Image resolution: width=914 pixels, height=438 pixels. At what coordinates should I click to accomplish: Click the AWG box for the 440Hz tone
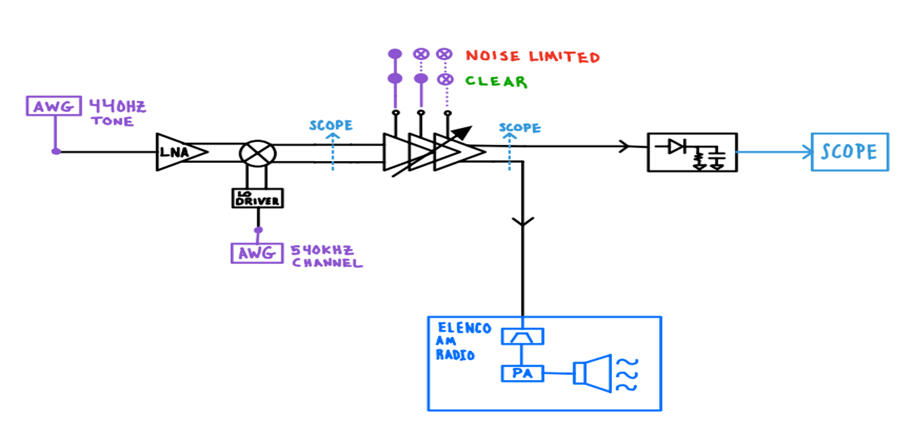pos(54,106)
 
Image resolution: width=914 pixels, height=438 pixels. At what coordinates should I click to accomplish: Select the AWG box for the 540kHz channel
pos(257,253)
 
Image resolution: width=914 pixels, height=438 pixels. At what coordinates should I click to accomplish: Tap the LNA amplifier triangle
pos(182,152)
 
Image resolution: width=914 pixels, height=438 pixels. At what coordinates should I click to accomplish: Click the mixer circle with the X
pos(258,154)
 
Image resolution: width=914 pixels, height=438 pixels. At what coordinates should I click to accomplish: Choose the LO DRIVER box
pos(258,198)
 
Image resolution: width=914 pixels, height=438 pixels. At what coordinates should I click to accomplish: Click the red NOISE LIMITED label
pos(533,56)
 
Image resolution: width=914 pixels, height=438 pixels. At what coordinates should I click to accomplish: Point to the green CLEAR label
pos(496,81)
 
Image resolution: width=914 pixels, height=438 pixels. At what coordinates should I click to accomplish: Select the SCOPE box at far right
pos(850,151)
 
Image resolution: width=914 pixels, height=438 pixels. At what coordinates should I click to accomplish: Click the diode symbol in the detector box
pos(676,146)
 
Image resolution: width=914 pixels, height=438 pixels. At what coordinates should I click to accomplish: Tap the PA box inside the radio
pos(522,373)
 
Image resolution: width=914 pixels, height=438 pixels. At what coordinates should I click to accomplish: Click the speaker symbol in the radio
pos(593,373)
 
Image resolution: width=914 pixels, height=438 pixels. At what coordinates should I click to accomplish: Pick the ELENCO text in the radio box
pos(464,328)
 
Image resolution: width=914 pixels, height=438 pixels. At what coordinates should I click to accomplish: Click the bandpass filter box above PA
pos(522,336)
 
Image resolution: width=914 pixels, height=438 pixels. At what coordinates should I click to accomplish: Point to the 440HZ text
pos(118,107)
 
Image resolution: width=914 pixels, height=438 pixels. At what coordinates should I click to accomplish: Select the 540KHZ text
pos(322,250)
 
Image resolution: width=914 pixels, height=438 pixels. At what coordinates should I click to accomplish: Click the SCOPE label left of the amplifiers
pos(331,125)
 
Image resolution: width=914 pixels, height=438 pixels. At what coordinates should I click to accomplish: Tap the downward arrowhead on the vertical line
pos(523,222)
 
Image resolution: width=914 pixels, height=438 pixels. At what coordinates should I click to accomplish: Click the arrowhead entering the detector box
pos(624,146)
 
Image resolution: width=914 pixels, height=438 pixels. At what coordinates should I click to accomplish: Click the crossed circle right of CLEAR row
pos(445,79)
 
